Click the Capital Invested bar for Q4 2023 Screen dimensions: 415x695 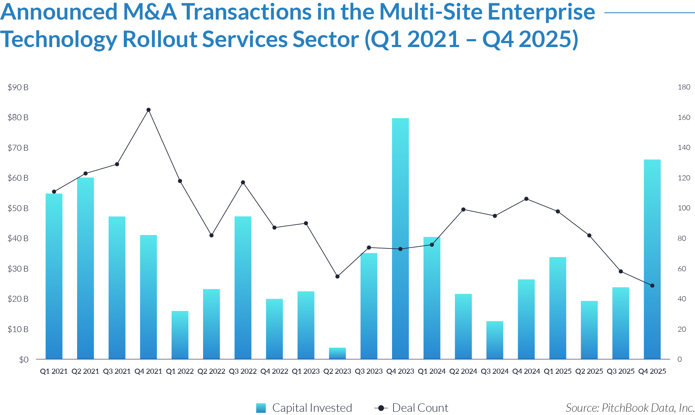(400, 239)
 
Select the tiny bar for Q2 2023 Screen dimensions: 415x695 (337, 353)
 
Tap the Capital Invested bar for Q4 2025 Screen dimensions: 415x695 (652, 259)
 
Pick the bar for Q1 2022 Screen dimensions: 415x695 (180, 335)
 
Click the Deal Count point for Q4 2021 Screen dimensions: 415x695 (148, 110)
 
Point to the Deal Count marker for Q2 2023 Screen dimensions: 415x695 (337, 277)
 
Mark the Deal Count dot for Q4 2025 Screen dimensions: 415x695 (652, 286)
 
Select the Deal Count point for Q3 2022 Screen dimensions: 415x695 (243, 183)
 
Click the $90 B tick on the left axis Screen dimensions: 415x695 (18, 87)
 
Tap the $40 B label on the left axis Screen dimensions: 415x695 (18, 238)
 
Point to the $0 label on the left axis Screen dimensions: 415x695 (24, 360)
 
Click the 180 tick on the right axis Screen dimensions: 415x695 (684, 87)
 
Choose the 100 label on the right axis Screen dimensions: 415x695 (684, 208)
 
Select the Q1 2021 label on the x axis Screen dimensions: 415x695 (54, 371)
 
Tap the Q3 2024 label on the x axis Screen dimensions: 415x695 (494, 371)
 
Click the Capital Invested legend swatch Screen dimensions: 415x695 (261, 408)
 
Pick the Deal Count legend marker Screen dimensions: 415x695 (381, 408)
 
